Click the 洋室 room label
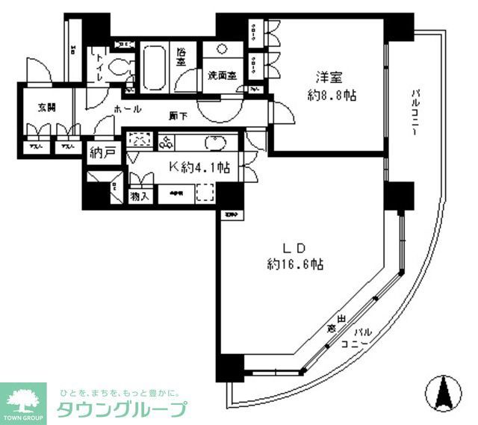click(329, 76)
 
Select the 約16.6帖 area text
click(295, 264)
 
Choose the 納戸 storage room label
click(102, 153)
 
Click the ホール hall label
click(127, 109)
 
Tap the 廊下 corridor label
click(177, 115)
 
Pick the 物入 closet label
click(138, 197)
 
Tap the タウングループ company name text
click(121, 409)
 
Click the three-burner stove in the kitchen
click(165, 142)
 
